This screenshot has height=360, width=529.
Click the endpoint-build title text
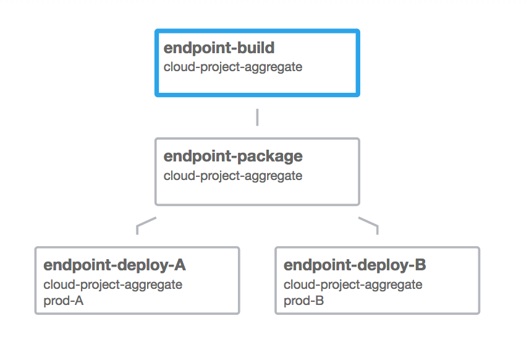pyautogui.click(x=219, y=49)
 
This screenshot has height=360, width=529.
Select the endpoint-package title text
pyautogui.click(x=233, y=156)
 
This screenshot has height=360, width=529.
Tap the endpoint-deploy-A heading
pyautogui.click(x=114, y=265)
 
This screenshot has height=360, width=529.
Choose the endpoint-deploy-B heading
pyautogui.click(x=355, y=265)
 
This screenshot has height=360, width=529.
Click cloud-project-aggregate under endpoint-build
pyautogui.click(x=233, y=67)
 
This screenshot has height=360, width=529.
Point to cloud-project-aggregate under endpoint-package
pyautogui.click(x=233, y=176)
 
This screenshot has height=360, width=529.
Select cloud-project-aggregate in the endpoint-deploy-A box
pyautogui.click(x=112, y=285)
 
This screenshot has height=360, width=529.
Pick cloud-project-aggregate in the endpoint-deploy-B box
pyautogui.click(x=353, y=285)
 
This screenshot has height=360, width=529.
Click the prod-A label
pyautogui.click(x=63, y=301)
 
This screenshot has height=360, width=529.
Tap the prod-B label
pyautogui.click(x=303, y=301)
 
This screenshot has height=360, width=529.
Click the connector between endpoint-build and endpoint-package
pyautogui.click(x=257, y=117)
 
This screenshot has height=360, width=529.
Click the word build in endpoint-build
pyautogui.click(x=255, y=49)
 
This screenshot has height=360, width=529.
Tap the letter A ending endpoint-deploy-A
pyautogui.click(x=180, y=265)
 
